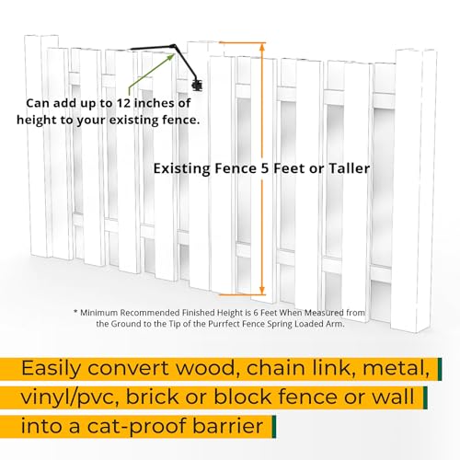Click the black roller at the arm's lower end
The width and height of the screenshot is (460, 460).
[x=198, y=85]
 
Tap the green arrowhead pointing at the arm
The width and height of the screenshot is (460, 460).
[x=171, y=57]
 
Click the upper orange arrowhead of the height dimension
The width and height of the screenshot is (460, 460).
[x=262, y=46]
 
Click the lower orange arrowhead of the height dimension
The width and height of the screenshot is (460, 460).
[x=262, y=291]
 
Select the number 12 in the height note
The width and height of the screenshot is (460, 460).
[x=123, y=103]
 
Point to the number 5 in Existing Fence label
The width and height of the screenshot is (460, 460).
[x=265, y=168]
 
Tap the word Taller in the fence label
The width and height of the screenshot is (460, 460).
[x=350, y=168]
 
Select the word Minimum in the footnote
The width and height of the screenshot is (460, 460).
[x=99, y=313]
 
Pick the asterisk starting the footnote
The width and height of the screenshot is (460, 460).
[x=75, y=312]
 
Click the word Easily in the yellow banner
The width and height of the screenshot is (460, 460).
[x=52, y=368]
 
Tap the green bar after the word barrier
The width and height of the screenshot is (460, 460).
[x=274, y=427]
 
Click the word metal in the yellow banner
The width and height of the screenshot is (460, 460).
[x=396, y=368]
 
